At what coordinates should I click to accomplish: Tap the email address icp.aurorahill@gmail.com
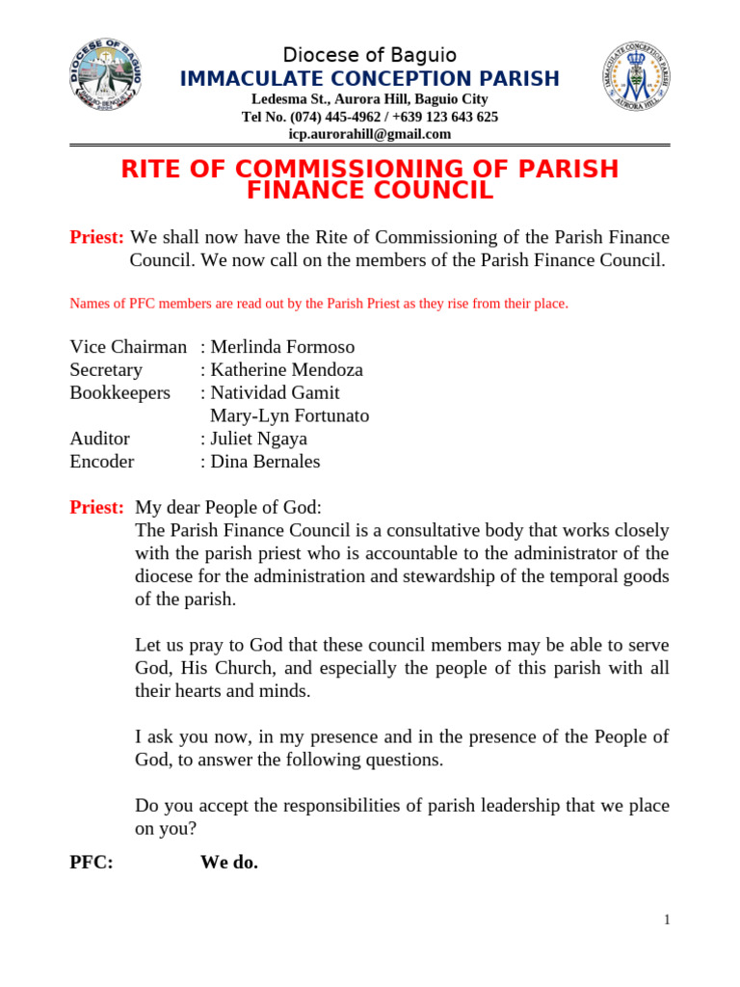click(x=369, y=134)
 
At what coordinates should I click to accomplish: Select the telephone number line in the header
click(x=369, y=117)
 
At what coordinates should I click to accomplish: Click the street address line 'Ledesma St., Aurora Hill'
click(x=369, y=99)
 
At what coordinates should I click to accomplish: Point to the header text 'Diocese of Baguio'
click(x=369, y=55)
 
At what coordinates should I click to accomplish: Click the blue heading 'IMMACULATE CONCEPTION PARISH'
click(x=369, y=78)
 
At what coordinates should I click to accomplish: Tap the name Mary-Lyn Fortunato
click(x=289, y=416)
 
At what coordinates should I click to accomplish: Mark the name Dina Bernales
click(x=265, y=462)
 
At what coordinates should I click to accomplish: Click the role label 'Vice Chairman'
click(x=128, y=347)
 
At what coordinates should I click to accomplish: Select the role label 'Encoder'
click(x=102, y=462)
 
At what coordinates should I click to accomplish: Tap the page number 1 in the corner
click(x=666, y=920)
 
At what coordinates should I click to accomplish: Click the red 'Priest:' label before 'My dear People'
click(x=96, y=508)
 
